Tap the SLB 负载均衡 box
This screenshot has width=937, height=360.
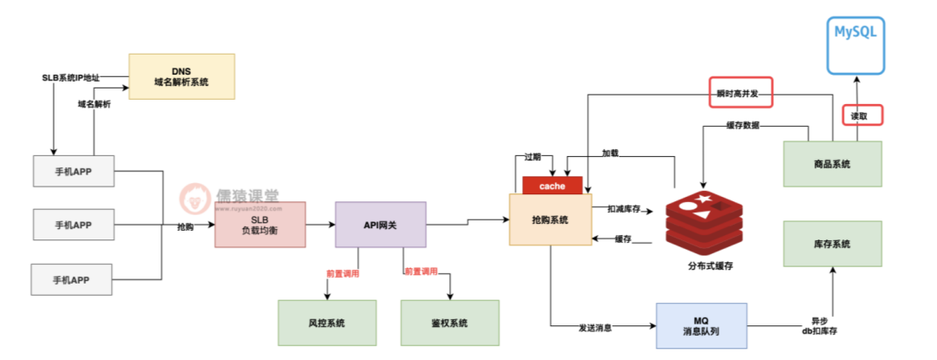[x=260, y=225]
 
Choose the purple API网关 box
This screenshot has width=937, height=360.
[x=380, y=225]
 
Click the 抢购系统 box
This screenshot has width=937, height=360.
[x=551, y=219]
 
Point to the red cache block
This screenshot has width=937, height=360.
[x=552, y=186]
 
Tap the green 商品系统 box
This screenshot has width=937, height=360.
[x=832, y=163]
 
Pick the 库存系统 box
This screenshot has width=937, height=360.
[x=832, y=244]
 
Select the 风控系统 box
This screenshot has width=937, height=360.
[x=326, y=323]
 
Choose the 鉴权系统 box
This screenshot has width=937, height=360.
[x=449, y=323]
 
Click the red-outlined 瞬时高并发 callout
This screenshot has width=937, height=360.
[x=740, y=93]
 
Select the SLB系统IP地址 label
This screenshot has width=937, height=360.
[x=71, y=78]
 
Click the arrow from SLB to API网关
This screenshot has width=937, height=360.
[x=320, y=224]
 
